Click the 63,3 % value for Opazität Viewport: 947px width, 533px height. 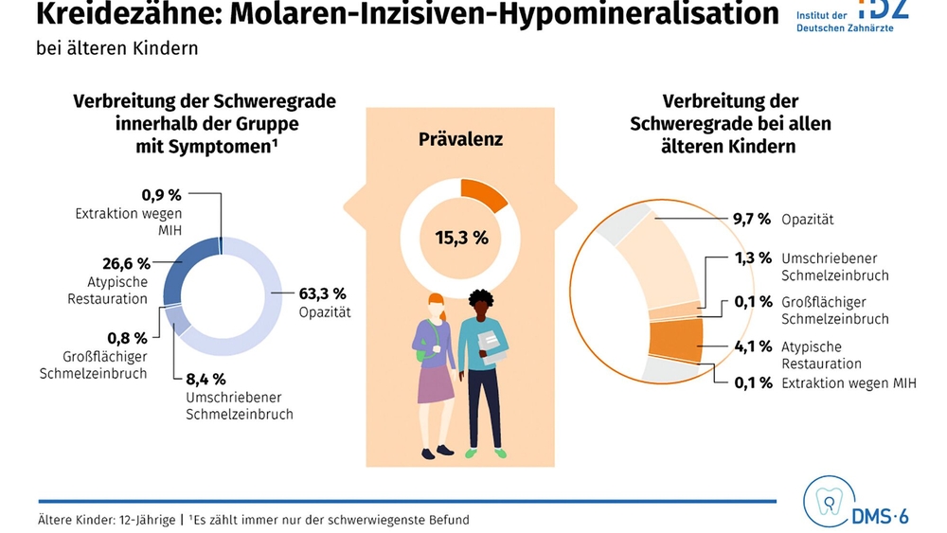[x=323, y=294]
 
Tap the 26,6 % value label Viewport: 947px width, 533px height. [x=126, y=264]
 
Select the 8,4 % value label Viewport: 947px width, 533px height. [x=205, y=379]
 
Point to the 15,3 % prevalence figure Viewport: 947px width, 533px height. [x=461, y=238]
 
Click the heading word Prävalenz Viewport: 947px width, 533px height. [x=461, y=139]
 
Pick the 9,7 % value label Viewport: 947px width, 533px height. [x=752, y=219]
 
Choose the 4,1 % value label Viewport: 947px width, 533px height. [x=753, y=346]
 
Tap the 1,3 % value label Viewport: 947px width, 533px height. [x=753, y=258]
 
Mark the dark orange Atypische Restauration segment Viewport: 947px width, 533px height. [x=676, y=340]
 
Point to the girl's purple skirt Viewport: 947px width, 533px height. [x=435, y=384]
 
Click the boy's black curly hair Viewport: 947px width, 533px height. [x=481, y=300]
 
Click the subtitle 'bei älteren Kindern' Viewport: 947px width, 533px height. [x=117, y=48]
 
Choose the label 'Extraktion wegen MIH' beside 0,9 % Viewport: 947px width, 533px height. [x=129, y=222]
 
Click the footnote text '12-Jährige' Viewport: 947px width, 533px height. [x=148, y=520]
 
